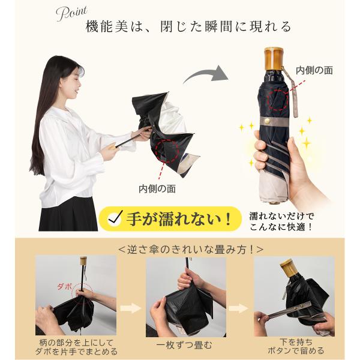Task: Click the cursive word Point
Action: [x=71, y=14]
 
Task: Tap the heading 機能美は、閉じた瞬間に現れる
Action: [x=188, y=27]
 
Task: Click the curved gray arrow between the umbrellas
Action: [x=206, y=74]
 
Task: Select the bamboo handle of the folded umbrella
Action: [x=273, y=58]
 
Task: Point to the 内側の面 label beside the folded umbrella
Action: [x=314, y=70]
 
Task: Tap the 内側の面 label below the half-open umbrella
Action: [x=157, y=189]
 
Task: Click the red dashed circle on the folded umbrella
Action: [x=278, y=100]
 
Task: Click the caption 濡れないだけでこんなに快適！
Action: [x=281, y=221]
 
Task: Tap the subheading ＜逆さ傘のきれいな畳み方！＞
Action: [x=191, y=250]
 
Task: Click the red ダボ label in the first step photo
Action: [x=64, y=286]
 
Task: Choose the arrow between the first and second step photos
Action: [x=131, y=308]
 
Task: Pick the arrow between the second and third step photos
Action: [x=239, y=308]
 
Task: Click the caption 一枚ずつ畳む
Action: [x=184, y=346]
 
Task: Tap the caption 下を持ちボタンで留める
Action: [x=296, y=346]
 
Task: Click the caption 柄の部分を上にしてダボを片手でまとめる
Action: [x=76, y=347]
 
